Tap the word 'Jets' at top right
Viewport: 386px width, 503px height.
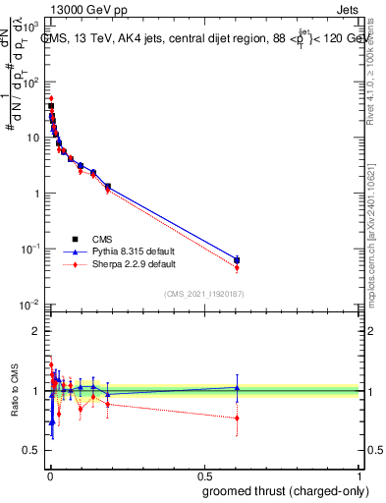point(346,8)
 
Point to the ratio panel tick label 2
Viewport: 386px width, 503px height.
point(35,331)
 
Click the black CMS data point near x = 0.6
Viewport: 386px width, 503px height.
point(237,260)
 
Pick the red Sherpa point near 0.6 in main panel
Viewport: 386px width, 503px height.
point(237,268)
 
